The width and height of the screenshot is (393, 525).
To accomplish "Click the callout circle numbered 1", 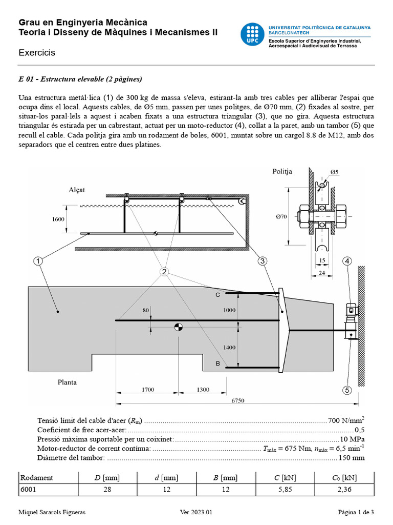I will [38, 261].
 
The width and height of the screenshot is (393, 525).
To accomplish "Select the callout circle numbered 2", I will [164, 272].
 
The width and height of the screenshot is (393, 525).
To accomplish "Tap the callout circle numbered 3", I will [263, 261].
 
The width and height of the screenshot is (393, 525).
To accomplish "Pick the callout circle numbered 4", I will [347, 261].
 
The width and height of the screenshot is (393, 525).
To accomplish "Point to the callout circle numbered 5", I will [347, 391].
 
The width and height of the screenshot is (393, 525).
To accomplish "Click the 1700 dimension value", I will [148, 390].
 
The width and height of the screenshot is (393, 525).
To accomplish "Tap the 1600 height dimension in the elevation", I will [58, 219].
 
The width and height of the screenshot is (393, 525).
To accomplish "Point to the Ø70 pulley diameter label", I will [282, 217].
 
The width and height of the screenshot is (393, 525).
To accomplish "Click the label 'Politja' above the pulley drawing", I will [282, 171].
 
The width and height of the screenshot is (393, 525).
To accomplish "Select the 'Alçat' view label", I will [77, 190].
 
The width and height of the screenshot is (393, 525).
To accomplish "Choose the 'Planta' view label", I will [67, 382].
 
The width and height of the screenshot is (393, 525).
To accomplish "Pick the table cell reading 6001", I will [29, 490].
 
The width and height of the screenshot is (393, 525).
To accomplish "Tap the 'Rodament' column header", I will [36, 478].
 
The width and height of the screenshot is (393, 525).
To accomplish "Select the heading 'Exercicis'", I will [37, 52].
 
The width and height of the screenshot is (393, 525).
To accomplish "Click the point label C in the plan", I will [217, 295].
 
